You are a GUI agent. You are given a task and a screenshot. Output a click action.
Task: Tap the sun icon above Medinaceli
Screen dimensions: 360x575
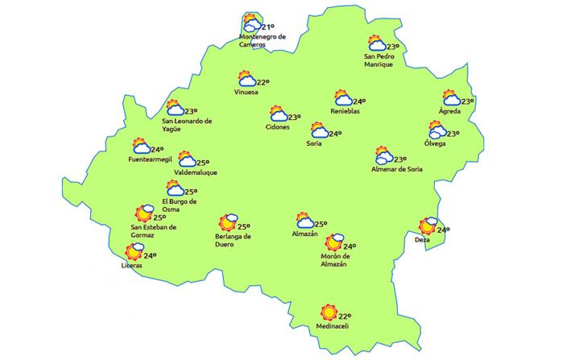(327, 312)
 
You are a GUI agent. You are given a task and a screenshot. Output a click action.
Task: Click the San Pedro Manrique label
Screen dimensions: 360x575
(379, 60)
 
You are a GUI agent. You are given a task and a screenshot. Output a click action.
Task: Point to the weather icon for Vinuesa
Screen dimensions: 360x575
(246, 79)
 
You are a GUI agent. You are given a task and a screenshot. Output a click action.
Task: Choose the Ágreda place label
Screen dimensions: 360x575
(449, 111)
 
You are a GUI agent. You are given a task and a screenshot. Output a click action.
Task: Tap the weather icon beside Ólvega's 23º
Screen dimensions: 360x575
(437, 130)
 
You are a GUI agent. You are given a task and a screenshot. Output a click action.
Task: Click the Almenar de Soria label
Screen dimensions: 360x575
(396, 169)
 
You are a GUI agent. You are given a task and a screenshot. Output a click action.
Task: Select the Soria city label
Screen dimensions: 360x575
(314, 143)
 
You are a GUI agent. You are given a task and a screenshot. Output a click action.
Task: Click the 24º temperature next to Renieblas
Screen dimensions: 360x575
(359, 101)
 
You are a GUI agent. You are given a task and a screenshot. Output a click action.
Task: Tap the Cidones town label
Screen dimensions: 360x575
(278, 127)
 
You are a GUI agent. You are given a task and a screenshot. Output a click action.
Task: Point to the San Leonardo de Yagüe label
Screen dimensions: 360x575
(187, 125)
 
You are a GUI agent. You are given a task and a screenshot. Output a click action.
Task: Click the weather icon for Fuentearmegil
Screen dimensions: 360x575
(141, 146)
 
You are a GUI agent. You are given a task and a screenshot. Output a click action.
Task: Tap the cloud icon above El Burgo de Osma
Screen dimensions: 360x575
(176, 189)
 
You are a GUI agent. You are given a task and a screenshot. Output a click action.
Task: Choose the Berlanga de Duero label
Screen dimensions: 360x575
(234, 240)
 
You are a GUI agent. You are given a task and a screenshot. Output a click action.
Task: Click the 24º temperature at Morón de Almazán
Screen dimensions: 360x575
(349, 246)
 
